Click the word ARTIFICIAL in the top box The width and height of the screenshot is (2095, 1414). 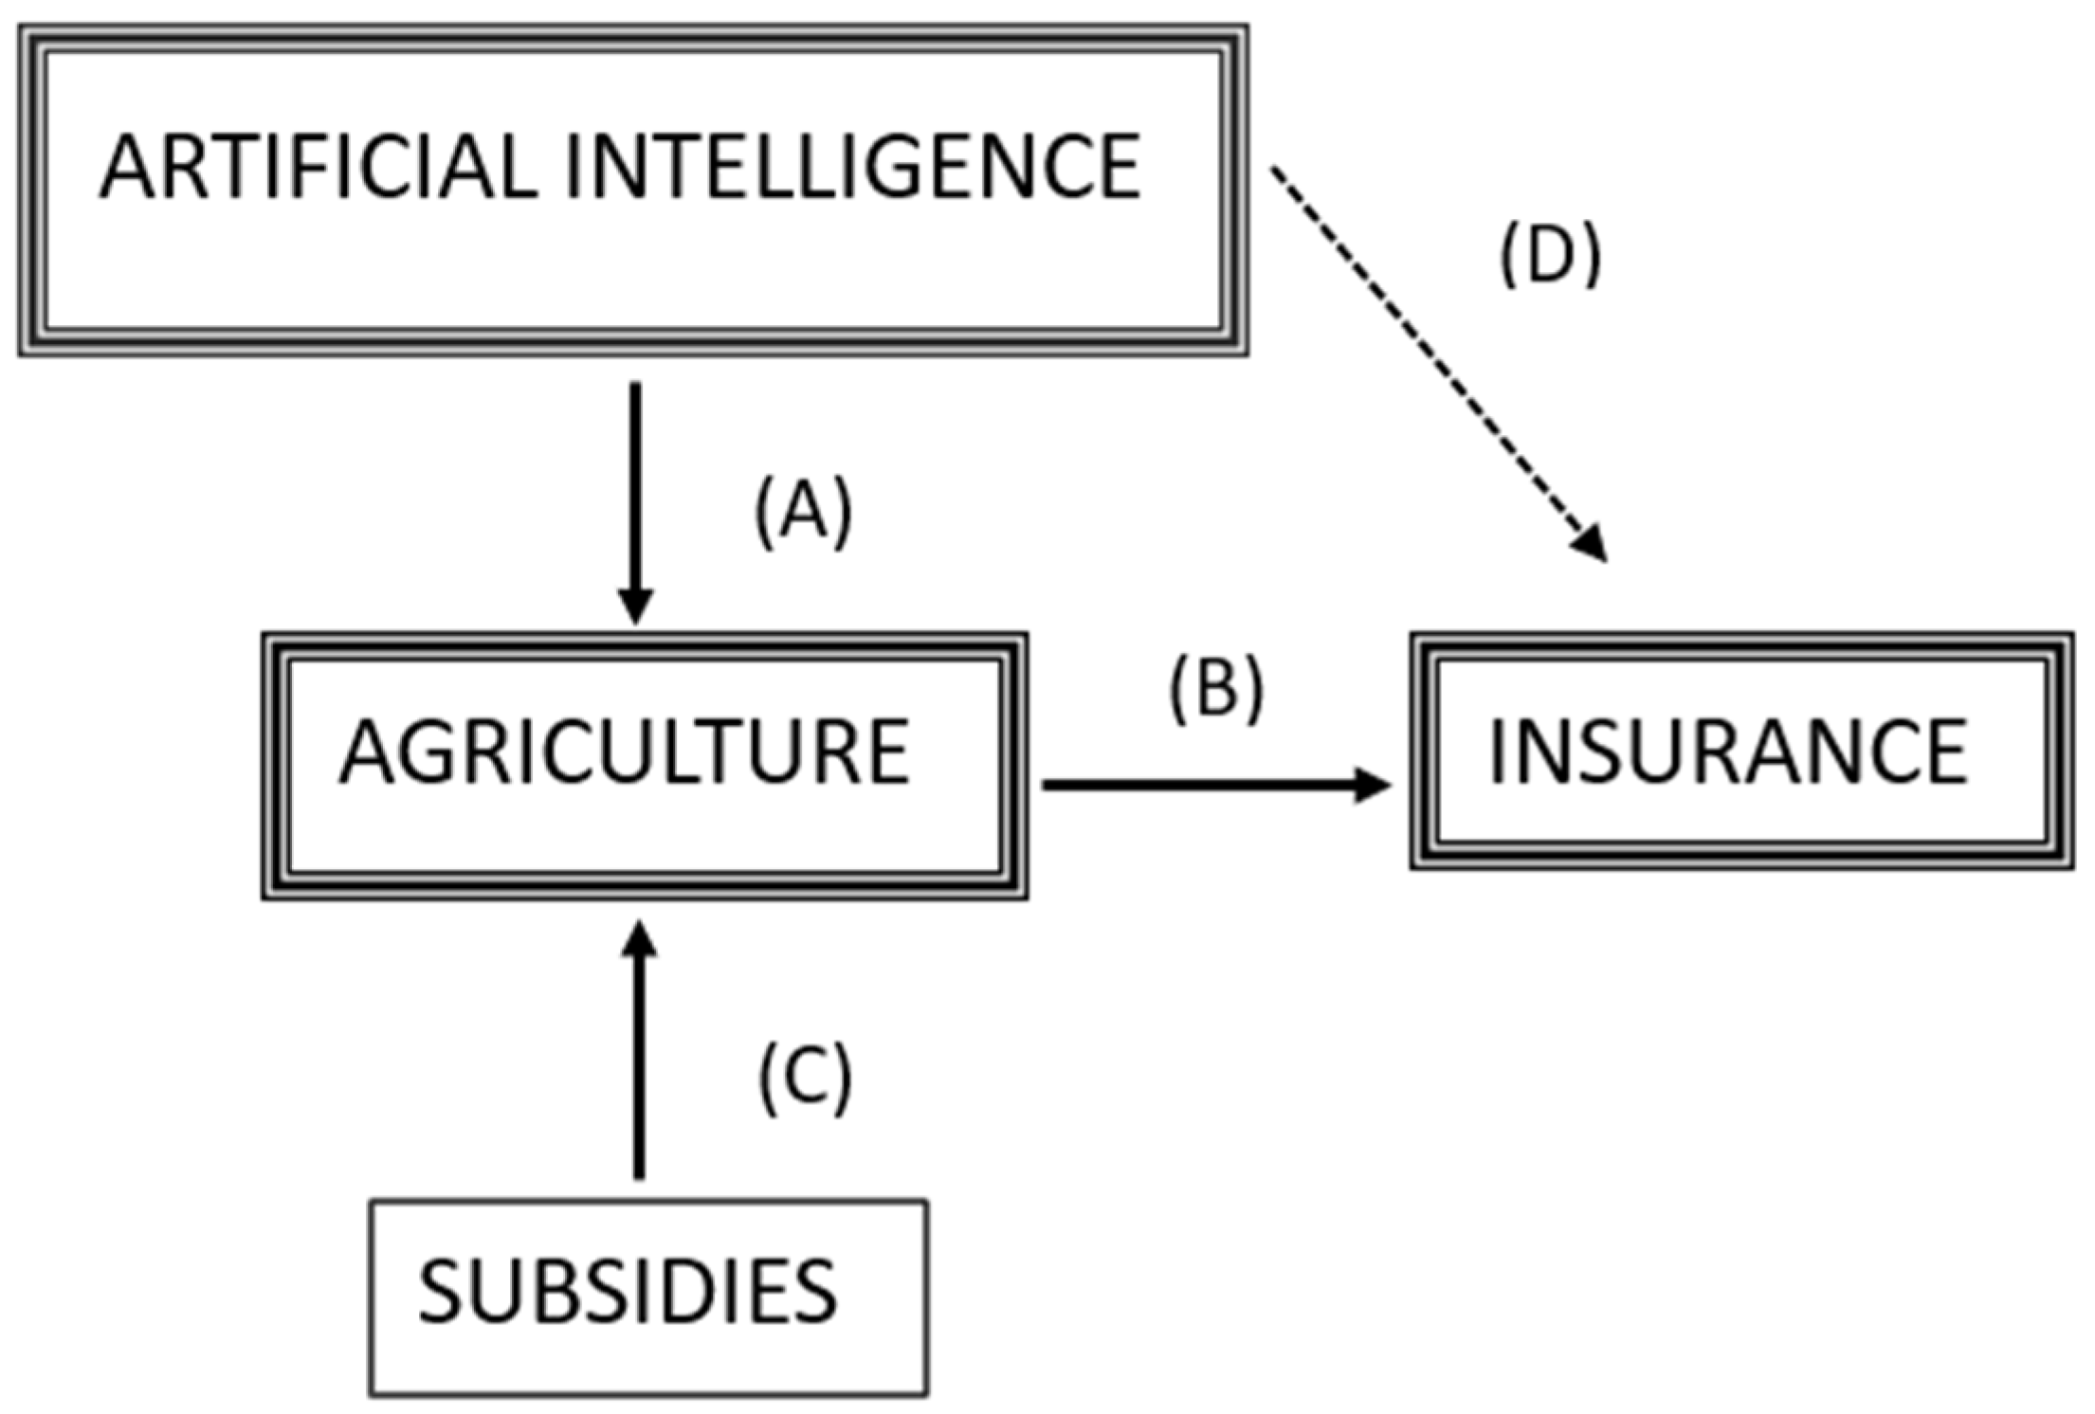point(319,167)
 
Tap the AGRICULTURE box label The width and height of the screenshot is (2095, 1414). point(626,752)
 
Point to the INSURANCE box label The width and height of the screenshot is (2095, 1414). point(1728,752)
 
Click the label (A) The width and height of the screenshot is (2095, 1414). point(804,512)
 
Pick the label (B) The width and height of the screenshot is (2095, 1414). point(1216,689)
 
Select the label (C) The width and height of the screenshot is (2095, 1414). point(806,1079)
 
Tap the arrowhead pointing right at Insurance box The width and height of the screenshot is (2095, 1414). point(1372,785)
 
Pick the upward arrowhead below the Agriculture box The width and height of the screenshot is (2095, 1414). point(640,940)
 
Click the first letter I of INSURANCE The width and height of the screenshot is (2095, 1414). point(1497,752)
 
